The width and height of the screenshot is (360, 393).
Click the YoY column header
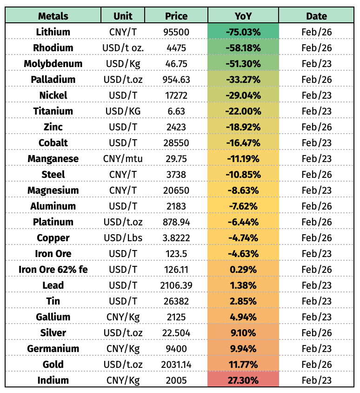coord(243,16)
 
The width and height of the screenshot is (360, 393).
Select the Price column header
coord(176,16)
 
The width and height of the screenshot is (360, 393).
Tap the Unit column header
coord(123,16)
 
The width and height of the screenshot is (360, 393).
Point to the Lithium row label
coord(53,32)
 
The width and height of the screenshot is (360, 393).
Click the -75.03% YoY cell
coord(243,32)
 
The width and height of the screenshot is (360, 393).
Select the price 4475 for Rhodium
coord(176,47)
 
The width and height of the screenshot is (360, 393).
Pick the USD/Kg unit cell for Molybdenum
coord(123,63)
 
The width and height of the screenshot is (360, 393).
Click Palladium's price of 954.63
coord(176,79)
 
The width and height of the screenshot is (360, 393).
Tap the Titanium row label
coord(53,111)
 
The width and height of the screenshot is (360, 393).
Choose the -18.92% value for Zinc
coord(243,127)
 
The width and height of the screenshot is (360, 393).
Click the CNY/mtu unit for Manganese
coord(123,158)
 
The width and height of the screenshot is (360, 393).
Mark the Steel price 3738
coord(176,174)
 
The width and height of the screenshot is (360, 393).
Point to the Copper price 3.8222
coord(176,237)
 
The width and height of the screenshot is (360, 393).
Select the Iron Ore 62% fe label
coord(53,269)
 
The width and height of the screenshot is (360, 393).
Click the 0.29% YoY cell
coord(243,269)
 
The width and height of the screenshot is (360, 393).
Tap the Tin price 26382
coord(176,301)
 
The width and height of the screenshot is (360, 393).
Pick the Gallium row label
coord(53,317)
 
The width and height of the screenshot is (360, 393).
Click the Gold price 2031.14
coord(176,364)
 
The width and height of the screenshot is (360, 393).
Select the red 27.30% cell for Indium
coord(243,380)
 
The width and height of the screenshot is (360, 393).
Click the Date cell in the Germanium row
coord(316,348)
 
